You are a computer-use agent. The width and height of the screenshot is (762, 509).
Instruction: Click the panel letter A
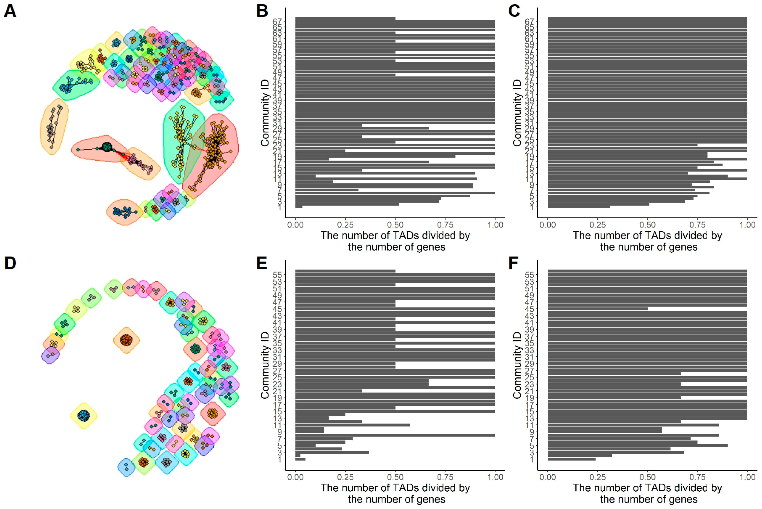pyautogui.click(x=10, y=11)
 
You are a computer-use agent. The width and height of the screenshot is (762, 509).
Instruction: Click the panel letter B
pyautogui.click(x=262, y=11)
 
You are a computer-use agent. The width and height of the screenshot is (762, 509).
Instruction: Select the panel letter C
pyautogui.click(x=514, y=11)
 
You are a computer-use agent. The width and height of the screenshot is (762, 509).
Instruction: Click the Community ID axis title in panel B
pyautogui.click(x=265, y=113)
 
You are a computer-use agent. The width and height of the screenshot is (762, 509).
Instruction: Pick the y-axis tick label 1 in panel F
pyautogui.click(x=531, y=460)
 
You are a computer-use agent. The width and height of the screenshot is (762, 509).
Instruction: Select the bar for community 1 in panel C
pyautogui.click(x=578, y=206)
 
